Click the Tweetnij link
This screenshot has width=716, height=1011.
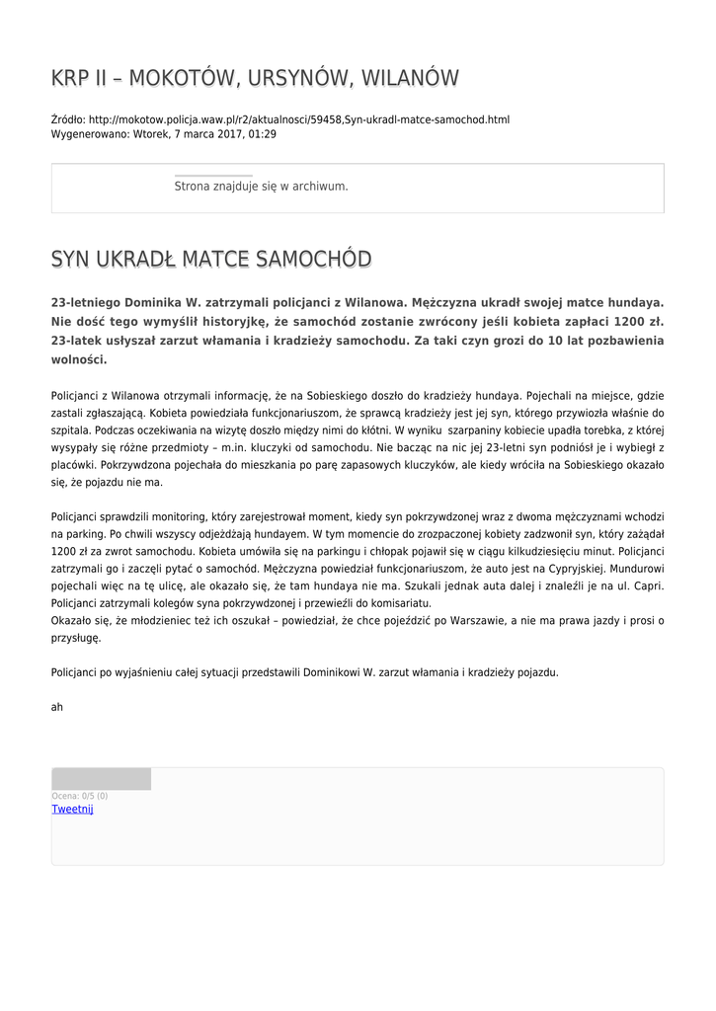click(x=72, y=809)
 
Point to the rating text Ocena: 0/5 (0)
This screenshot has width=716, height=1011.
click(x=79, y=796)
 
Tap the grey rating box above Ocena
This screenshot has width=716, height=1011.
click(x=101, y=779)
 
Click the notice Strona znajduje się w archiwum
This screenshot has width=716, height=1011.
click(x=261, y=186)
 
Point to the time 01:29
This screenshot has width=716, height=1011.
click(x=263, y=133)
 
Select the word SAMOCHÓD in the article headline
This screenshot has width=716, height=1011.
click(x=314, y=259)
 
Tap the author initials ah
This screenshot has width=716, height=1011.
click(x=57, y=707)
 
